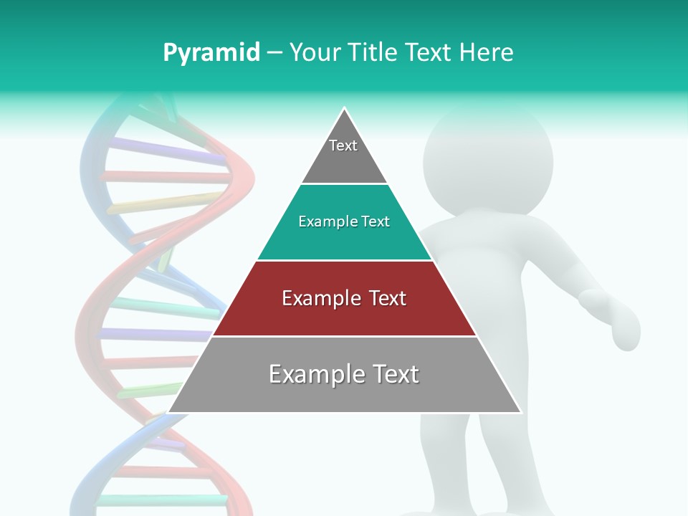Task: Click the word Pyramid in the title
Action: (211, 53)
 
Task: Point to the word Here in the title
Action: (487, 53)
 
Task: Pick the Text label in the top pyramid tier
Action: (343, 145)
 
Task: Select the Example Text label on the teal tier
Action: (344, 221)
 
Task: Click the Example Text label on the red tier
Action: (344, 298)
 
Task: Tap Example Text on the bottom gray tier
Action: (344, 374)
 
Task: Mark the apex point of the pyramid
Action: (345, 108)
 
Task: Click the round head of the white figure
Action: (487, 161)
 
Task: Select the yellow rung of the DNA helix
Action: (165, 205)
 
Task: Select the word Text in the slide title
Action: (430, 53)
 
